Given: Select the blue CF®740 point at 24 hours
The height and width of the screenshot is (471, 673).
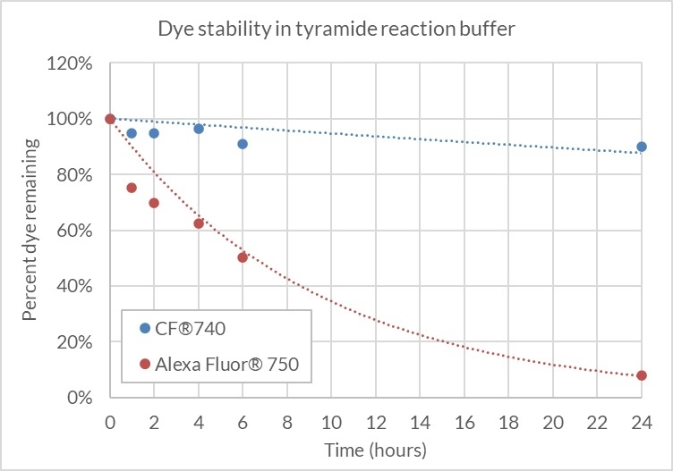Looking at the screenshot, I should coord(642,147).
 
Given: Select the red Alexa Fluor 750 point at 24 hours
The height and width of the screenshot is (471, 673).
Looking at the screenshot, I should coord(642,375).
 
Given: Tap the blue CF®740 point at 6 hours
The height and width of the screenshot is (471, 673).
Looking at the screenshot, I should coord(243,144).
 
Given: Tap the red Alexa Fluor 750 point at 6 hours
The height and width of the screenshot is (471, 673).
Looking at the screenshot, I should coord(243,257).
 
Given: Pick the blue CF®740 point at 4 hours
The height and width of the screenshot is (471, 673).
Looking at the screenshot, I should coord(199,129).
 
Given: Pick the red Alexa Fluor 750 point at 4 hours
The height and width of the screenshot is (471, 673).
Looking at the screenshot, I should coord(199,223).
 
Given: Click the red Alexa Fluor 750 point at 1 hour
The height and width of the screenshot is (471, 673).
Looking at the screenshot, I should coord(132,188).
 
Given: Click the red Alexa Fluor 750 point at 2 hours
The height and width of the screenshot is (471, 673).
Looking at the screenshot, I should coord(154,203).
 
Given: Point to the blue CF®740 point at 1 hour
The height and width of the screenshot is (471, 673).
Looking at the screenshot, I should coord(132,133).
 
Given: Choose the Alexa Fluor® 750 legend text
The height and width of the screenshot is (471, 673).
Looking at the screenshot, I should coord(227,365).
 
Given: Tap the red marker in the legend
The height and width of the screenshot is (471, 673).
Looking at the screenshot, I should coord(145,365).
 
